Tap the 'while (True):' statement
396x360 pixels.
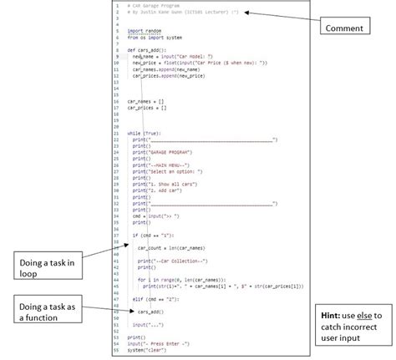click(x=145, y=133)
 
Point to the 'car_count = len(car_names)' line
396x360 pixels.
click(x=170, y=248)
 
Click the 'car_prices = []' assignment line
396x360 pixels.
click(x=147, y=109)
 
